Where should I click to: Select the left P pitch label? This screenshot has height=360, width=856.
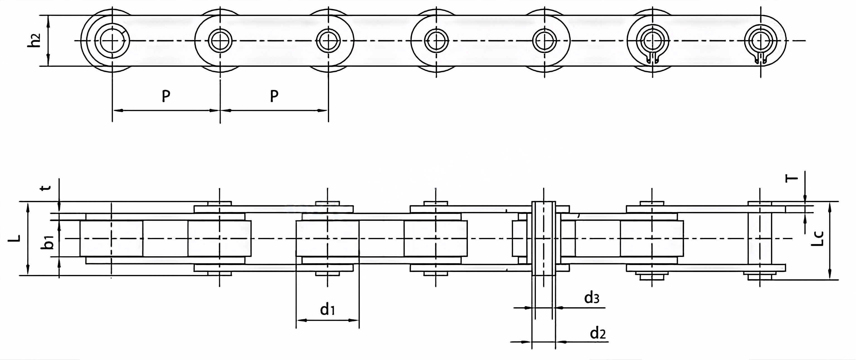tap(166, 96)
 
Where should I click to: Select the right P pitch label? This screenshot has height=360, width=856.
tap(274, 96)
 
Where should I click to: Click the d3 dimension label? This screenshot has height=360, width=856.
tap(592, 298)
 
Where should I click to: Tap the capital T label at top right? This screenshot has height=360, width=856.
tap(792, 179)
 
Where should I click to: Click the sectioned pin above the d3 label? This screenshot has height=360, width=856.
tap(544, 238)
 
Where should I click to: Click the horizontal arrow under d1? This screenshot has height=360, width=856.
tap(327, 320)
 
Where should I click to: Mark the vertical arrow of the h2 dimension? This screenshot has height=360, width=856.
tap(49, 41)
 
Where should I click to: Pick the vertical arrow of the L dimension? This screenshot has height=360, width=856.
tap(28, 238)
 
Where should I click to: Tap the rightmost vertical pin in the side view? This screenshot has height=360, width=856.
tap(760, 238)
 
